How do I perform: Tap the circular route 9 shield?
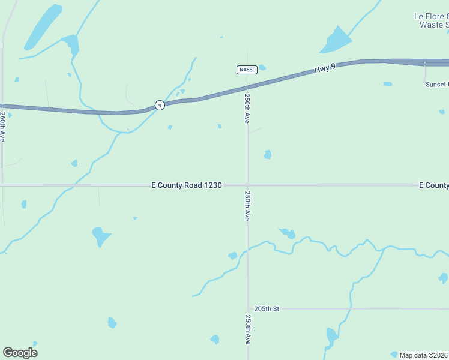point(159,105)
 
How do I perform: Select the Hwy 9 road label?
point(325,69)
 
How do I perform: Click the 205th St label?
point(267,308)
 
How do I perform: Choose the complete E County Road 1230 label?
point(187,185)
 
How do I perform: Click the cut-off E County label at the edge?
point(433,185)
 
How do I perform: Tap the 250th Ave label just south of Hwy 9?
point(247,107)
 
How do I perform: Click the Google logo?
point(20,353)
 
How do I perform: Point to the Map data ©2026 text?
point(424,355)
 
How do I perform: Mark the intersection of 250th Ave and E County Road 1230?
point(247,185)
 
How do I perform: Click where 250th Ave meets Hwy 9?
point(247,88)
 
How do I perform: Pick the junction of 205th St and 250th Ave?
point(247,308)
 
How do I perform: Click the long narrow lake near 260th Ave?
point(43,27)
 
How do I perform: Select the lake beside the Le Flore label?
point(337,41)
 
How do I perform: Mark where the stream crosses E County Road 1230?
point(74,185)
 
